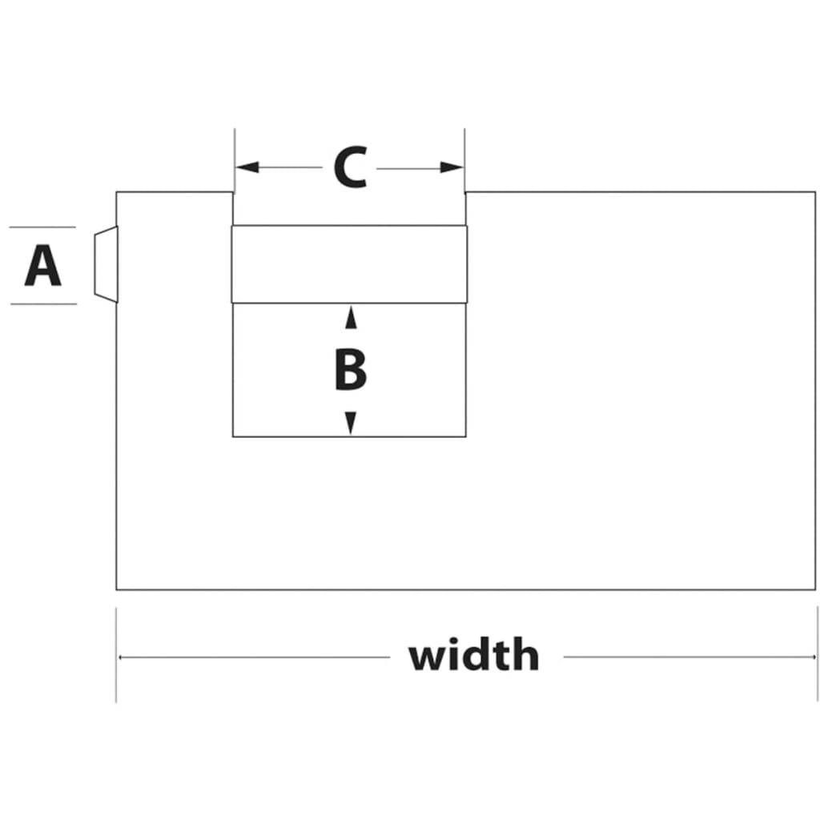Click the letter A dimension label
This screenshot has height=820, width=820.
click(43, 266)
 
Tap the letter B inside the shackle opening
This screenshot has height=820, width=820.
click(351, 370)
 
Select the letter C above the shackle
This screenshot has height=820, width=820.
click(351, 167)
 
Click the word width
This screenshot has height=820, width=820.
click(474, 654)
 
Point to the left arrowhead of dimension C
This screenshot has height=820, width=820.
click(247, 167)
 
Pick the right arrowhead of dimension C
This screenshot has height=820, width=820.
click(452, 168)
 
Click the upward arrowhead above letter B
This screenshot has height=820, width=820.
click(351, 318)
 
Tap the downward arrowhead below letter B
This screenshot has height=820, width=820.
click(351, 423)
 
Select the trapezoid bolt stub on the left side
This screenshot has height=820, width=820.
click(107, 264)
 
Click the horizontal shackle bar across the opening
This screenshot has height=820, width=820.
click(349, 264)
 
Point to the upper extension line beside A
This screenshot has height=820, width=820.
click(42, 227)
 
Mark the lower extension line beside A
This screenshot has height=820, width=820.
click(43, 303)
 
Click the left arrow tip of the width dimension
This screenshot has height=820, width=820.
click(119, 657)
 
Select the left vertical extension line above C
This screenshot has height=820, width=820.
click(235, 160)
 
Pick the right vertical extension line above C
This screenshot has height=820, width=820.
click(464, 160)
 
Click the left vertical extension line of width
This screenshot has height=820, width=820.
click(116, 655)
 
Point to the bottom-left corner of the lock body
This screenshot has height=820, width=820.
click(116, 590)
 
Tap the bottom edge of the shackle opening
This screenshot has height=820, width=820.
click(349, 436)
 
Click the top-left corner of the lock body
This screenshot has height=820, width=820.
click(116, 192)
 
